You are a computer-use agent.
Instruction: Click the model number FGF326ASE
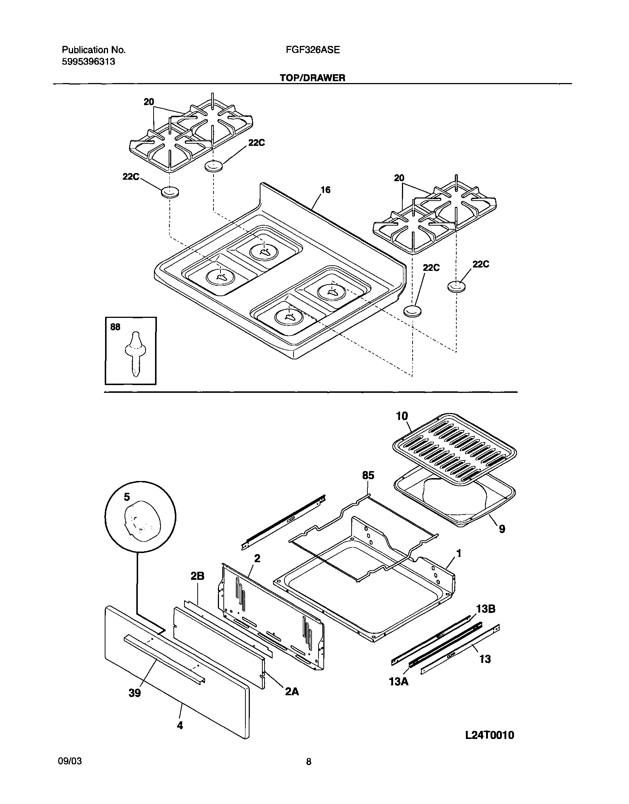point(313,50)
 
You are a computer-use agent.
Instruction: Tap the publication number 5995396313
point(89,61)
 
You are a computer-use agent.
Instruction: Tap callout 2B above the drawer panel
point(197,576)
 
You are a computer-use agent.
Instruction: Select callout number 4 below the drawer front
point(180,725)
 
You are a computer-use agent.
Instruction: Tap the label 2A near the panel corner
point(292,692)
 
